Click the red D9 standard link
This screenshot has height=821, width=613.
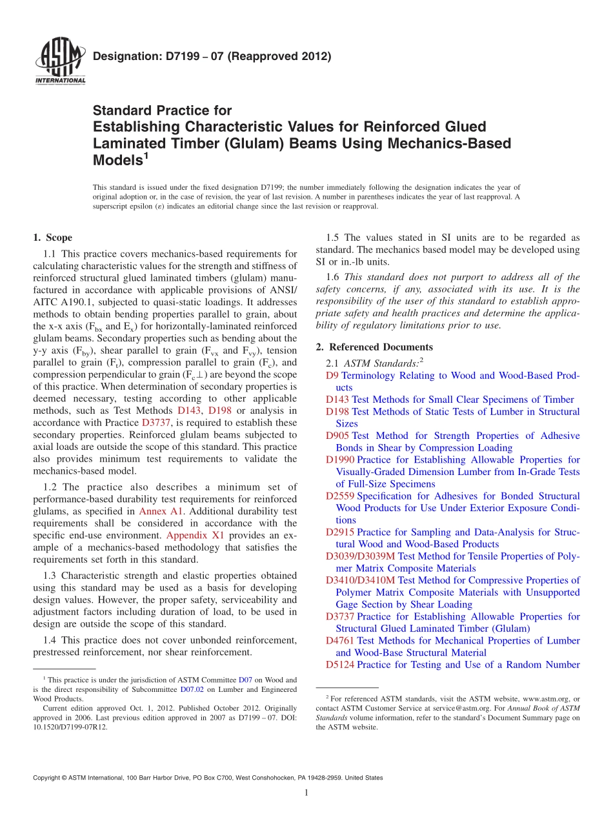tap(332, 376)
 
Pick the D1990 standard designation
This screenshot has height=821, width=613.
tap(340, 460)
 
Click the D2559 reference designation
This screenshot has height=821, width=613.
tap(340, 496)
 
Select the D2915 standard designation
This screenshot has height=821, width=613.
tap(340, 532)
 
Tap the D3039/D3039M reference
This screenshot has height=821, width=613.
tap(361, 556)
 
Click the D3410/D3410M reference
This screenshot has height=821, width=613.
tap(361, 580)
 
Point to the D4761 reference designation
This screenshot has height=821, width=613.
tap(340, 641)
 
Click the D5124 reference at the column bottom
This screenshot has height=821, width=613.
tap(340, 665)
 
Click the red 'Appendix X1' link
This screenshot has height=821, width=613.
tap(195, 535)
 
